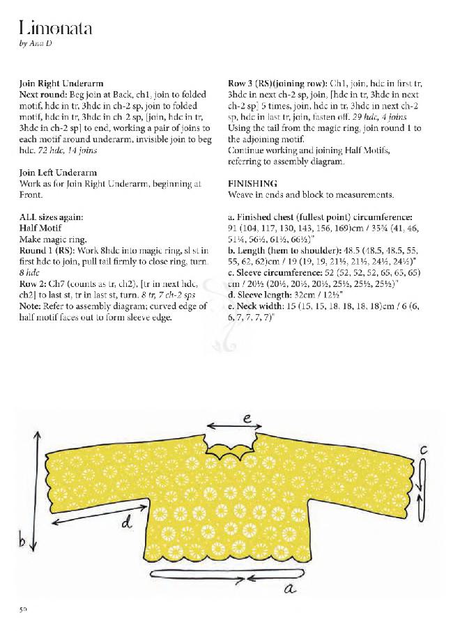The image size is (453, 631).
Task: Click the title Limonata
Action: pos(56,29)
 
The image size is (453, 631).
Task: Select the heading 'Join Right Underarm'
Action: pos(58,83)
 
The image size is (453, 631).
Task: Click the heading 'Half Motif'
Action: pos(41,228)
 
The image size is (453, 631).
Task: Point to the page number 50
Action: pos(23,609)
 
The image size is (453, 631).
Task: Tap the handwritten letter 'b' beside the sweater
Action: pos(24,540)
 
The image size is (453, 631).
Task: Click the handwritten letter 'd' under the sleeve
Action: pos(127,521)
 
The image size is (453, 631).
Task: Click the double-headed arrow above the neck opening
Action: pos(233,426)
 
